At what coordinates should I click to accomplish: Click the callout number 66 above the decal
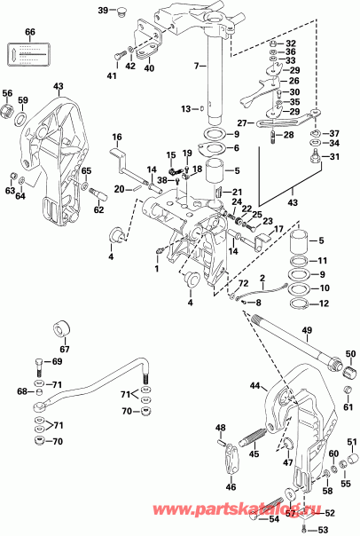(x=29, y=33)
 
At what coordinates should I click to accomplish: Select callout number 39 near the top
(x=103, y=10)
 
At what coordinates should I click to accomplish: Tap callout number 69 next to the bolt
(x=58, y=362)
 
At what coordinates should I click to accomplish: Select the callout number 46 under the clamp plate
(x=231, y=487)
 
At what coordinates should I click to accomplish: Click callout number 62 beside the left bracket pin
(x=98, y=209)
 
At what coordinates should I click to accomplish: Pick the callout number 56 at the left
(x=8, y=92)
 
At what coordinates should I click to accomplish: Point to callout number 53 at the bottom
(x=322, y=529)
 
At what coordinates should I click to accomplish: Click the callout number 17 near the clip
(x=278, y=229)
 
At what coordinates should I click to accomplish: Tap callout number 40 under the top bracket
(x=149, y=67)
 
